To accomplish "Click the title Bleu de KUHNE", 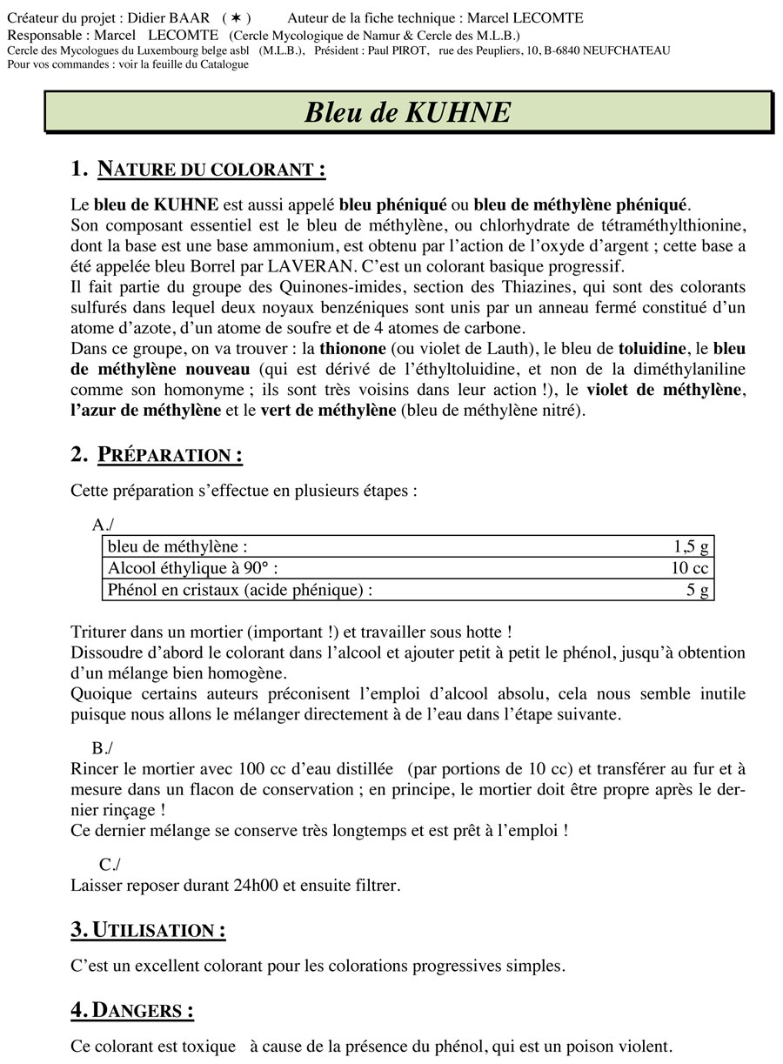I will pyautogui.click(x=407, y=112).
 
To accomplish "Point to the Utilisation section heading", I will pyautogui.click(x=148, y=930).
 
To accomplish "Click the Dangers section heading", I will pyautogui.click(x=132, y=1010).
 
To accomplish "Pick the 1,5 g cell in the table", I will pyautogui.click(x=691, y=546).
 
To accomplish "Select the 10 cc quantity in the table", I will pyautogui.click(x=689, y=568).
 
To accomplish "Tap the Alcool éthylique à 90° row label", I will pyautogui.click(x=193, y=568).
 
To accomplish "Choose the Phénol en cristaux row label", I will pyautogui.click(x=239, y=590).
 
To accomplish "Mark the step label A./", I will pyautogui.click(x=103, y=524).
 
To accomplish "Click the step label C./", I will pyautogui.click(x=110, y=864).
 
